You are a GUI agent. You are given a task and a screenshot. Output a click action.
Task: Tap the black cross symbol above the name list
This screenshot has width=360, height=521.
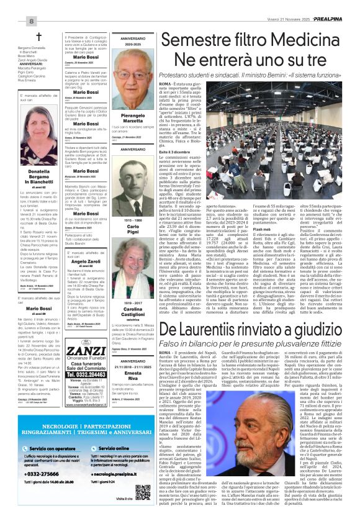38,37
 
